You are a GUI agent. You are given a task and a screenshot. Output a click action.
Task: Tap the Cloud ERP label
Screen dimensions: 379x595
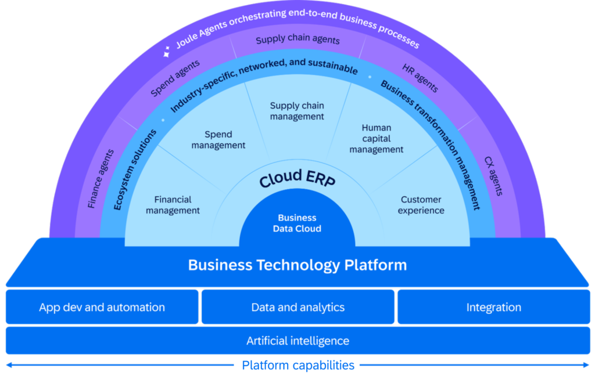297,178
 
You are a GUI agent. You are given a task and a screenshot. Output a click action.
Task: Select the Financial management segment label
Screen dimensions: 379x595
173,205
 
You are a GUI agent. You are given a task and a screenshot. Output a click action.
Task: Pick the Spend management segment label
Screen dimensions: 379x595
218,140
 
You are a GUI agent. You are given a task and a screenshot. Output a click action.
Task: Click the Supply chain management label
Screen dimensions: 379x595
297,111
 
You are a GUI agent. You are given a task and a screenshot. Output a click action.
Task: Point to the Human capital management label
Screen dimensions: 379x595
376,139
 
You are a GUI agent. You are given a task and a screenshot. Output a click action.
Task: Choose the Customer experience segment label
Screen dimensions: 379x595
421,205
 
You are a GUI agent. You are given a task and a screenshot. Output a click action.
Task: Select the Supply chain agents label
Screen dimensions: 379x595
297,40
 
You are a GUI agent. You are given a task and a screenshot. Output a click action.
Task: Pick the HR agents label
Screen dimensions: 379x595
420,78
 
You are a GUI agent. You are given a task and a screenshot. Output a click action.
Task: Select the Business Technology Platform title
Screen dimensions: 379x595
297,265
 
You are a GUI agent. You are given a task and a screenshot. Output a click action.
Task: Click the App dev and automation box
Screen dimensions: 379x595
102,307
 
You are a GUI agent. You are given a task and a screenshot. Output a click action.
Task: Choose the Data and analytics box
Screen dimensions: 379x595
297,307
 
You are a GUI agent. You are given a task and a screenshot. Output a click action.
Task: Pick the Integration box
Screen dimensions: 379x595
493,307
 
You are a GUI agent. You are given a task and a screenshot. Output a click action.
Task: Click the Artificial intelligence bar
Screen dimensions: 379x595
297,341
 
